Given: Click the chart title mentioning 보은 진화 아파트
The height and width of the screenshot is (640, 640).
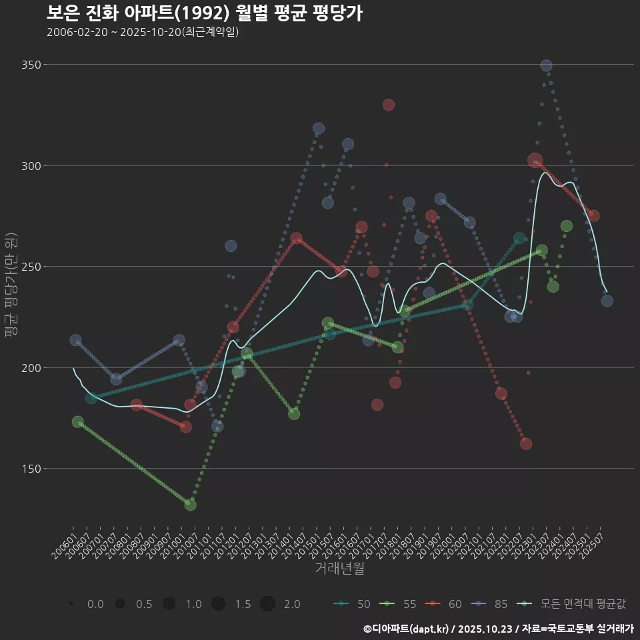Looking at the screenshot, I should click(205, 13).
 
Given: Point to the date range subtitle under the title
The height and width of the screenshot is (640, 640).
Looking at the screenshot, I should click(143, 32).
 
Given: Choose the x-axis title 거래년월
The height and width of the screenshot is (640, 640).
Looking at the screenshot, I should click(339, 569).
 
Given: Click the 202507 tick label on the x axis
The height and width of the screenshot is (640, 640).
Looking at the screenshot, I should click(592, 541).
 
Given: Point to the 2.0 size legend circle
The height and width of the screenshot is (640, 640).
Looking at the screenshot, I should click(267, 604).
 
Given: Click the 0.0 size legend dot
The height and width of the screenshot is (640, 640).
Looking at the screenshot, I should click(71, 604).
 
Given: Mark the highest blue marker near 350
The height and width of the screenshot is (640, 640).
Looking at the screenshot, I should click(546, 65).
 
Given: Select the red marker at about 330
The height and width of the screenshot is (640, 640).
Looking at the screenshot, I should click(389, 105).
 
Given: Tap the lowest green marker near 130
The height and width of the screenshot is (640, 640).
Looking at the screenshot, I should click(191, 505).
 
